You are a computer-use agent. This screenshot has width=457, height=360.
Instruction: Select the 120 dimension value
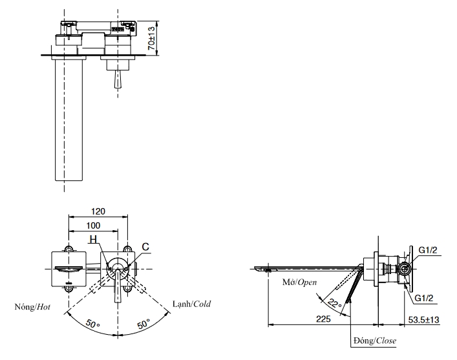click(x=98, y=211)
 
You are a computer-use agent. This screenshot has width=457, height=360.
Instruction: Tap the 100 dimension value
click(x=92, y=225)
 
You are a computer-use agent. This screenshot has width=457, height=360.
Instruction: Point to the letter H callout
click(x=94, y=240)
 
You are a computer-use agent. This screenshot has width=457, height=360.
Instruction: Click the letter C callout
click(x=145, y=246)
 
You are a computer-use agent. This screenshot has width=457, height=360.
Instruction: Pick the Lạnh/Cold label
click(x=192, y=304)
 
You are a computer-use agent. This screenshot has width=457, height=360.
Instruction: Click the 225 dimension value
click(x=324, y=319)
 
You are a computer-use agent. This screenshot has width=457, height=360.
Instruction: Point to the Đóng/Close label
click(x=375, y=341)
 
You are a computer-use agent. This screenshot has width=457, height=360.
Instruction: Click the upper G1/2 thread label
click(x=429, y=250)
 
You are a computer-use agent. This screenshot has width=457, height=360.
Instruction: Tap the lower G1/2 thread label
click(x=429, y=297)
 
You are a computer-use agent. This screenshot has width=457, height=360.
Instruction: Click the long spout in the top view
click(x=67, y=120)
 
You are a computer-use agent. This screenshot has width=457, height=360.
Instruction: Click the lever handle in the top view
click(x=117, y=78)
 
